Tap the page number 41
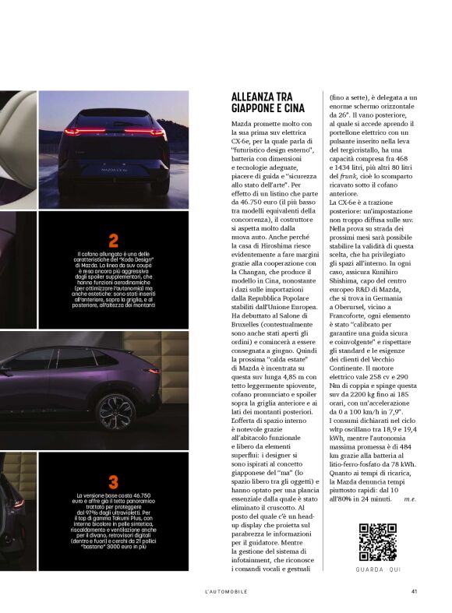coord(415,590)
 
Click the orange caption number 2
coord(114,241)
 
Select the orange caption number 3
coord(114,482)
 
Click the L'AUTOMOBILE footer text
coord(225,591)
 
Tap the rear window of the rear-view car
coord(114,118)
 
